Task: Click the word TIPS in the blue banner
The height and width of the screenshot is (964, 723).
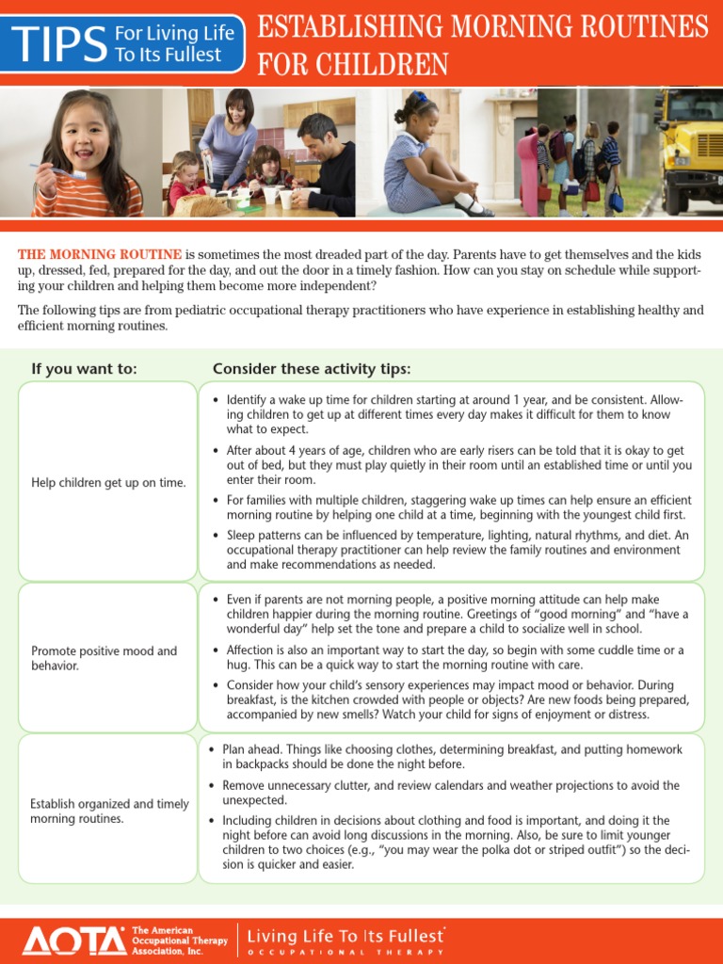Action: [x=57, y=43]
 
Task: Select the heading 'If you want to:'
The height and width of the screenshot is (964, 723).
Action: [x=85, y=368]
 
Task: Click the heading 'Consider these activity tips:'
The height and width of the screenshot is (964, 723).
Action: [x=312, y=368]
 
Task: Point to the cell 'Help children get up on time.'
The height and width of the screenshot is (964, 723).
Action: [x=108, y=483]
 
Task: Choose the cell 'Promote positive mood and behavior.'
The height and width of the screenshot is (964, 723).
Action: [x=104, y=658]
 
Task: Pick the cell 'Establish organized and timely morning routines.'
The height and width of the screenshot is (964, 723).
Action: [x=108, y=811]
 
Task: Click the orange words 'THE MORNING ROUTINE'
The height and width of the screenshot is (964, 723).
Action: [x=100, y=255]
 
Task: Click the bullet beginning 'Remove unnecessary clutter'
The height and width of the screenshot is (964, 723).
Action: [x=451, y=792]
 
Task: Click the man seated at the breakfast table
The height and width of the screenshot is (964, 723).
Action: [x=325, y=160]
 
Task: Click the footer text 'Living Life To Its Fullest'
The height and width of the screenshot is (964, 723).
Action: [x=345, y=937]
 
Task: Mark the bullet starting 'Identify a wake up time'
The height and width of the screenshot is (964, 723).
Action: [x=454, y=414]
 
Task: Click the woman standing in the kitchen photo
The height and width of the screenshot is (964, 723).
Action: [x=229, y=137]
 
